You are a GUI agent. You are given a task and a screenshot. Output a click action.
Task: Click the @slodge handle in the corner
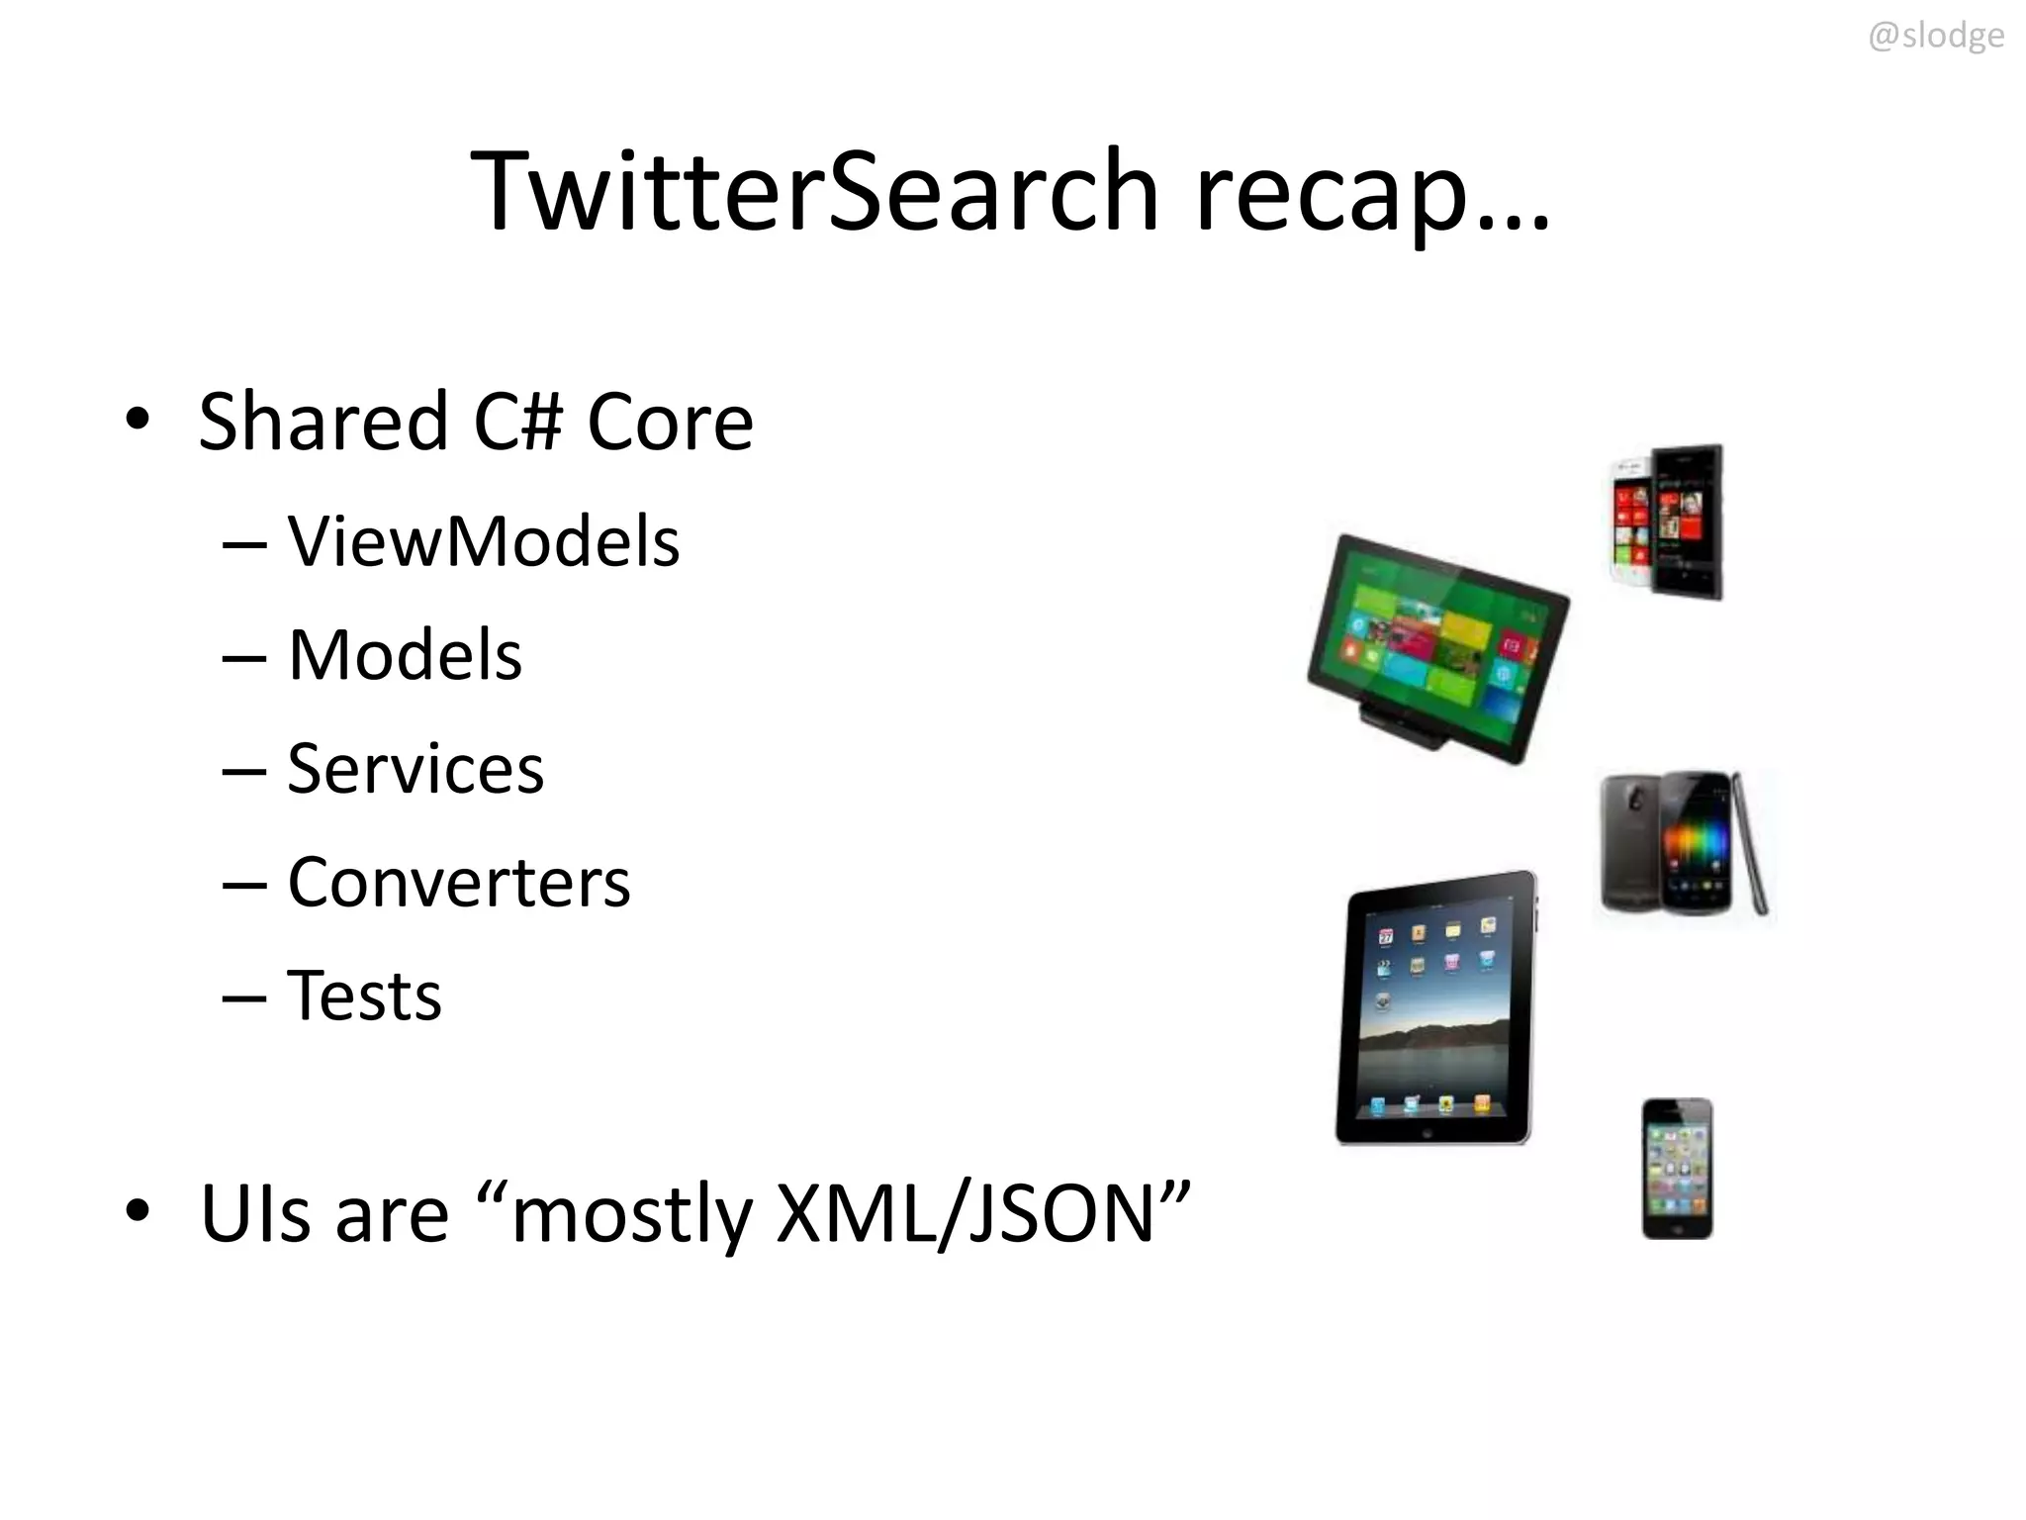tap(1935, 37)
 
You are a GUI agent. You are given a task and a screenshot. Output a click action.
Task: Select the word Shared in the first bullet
tap(323, 422)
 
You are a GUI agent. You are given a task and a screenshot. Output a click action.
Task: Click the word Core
tap(670, 424)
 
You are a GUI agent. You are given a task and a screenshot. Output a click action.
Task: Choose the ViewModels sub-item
tap(483, 542)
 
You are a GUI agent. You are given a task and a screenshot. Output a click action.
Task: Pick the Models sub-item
tap(404, 655)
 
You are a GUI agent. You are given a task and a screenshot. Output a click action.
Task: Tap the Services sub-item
tap(414, 769)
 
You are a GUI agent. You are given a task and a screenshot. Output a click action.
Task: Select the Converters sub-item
tap(458, 882)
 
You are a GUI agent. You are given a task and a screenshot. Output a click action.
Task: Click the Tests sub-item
tap(364, 996)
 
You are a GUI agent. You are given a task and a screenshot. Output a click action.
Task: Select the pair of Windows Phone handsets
tap(1666, 522)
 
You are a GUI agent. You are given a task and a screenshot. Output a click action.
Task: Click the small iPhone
tap(1677, 1168)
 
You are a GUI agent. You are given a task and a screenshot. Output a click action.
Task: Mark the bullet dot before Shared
tap(138, 420)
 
